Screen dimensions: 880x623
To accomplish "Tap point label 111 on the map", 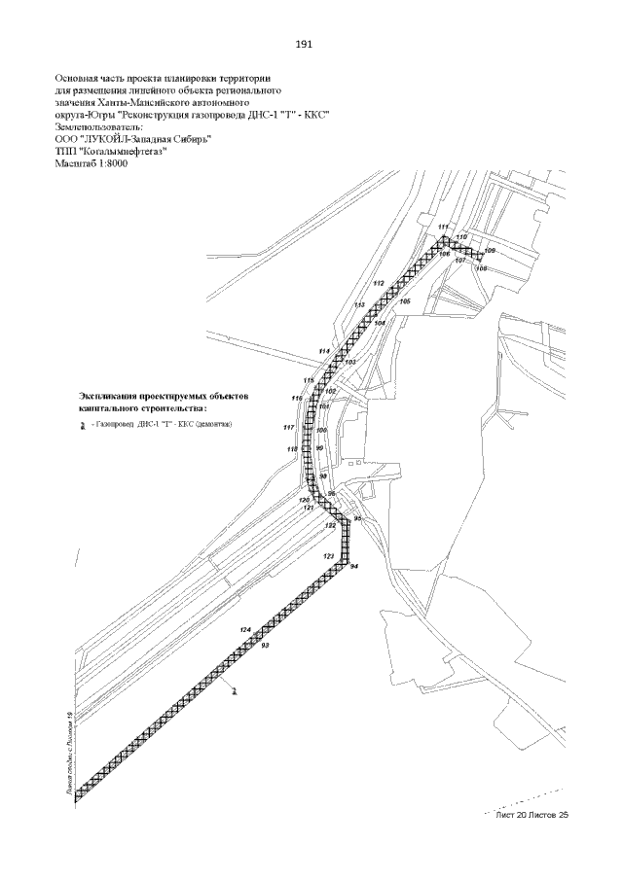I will pos(443,228).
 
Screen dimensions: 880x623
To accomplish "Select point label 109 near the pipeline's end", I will pos(490,251).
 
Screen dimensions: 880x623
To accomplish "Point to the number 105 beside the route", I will pos(405,302).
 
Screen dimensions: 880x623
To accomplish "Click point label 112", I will pos(379,283).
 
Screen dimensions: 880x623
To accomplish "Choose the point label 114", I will pos(324,350).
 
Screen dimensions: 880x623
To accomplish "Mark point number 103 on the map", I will pos(350,361).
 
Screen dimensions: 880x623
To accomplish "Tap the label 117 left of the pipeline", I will pos(289,428).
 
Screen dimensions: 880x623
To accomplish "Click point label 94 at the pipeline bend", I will pos(354,566).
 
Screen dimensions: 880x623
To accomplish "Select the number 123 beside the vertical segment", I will pos(329,555).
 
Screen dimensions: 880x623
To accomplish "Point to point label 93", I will pos(265,646).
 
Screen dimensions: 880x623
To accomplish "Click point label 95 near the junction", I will pos(357,519).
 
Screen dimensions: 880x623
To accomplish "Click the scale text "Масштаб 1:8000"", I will pos(92,162).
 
